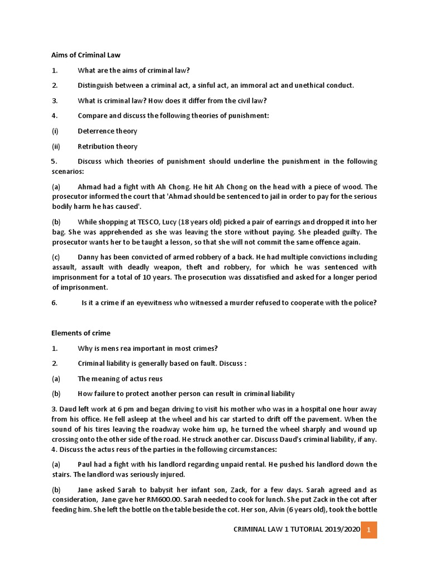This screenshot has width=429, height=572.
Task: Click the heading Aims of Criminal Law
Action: coord(86,55)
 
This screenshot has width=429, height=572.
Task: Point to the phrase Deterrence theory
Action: coord(107,131)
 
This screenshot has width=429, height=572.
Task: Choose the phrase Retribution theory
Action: coord(107,146)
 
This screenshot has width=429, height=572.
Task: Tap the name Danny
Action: coord(89,257)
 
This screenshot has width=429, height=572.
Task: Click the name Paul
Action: coord(87,464)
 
